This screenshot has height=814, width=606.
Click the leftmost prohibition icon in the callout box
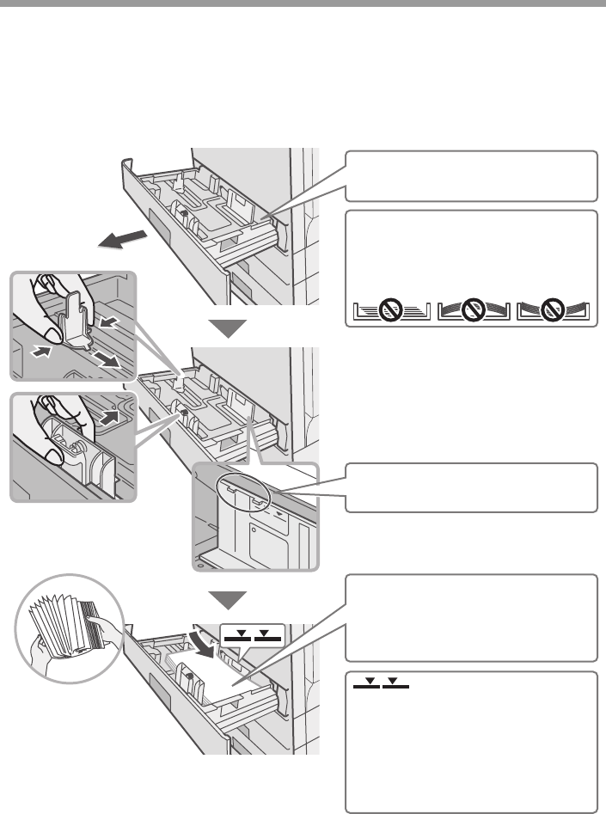(x=391, y=309)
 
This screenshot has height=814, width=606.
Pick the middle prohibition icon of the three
(x=474, y=309)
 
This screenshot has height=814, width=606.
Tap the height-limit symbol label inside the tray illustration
(x=251, y=636)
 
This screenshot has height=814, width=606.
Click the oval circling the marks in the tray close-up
(x=243, y=490)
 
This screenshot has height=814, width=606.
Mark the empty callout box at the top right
(x=471, y=175)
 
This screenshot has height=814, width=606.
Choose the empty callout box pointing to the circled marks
(x=471, y=487)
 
